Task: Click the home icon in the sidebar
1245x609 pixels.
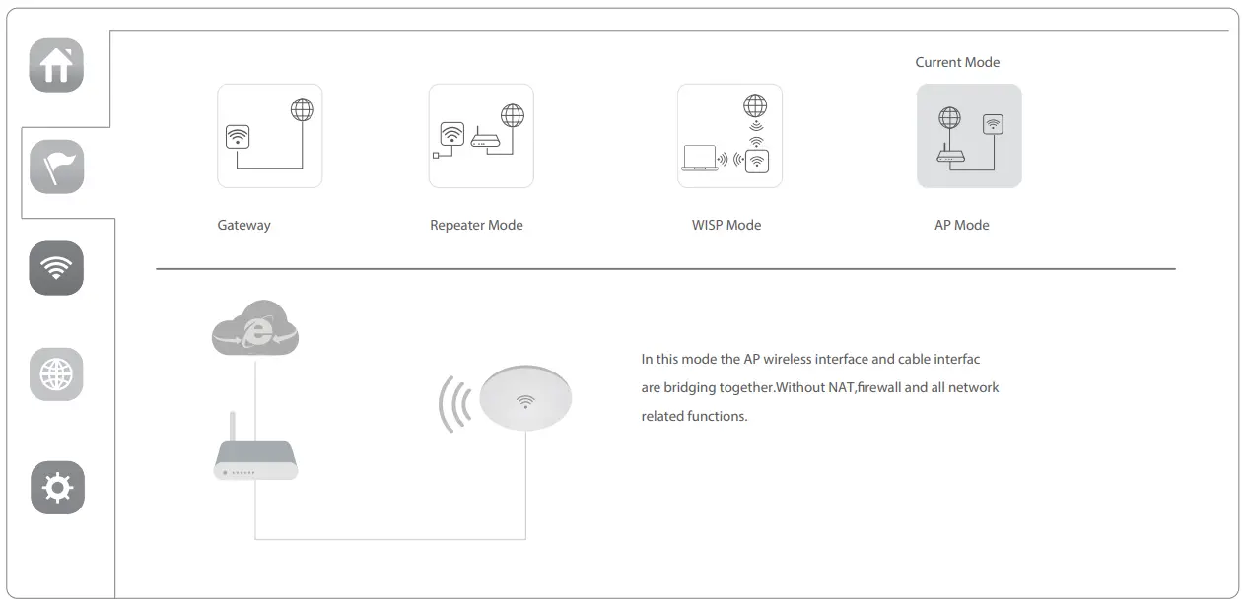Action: click(x=56, y=65)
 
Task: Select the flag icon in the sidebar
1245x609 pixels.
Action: click(x=56, y=167)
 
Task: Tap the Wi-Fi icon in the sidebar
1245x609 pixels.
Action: click(x=56, y=268)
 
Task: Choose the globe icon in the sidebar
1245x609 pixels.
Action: click(x=56, y=374)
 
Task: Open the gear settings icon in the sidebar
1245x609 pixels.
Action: click(x=57, y=488)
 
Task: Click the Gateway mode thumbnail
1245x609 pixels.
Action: click(x=269, y=136)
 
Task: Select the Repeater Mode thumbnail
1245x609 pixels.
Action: click(x=481, y=136)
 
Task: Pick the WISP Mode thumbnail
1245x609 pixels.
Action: click(x=729, y=136)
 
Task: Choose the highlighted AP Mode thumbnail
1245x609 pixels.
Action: click(x=969, y=136)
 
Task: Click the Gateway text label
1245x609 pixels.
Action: click(x=243, y=226)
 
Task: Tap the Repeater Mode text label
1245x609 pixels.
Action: click(x=476, y=226)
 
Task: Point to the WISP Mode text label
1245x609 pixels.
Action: click(x=726, y=226)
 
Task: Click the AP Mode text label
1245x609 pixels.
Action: click(x=961, y=226)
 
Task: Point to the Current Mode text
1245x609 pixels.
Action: click(x=957, y=63)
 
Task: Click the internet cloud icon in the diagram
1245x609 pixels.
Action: click(x=254, y=328)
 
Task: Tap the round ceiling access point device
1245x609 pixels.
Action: click(x=525, y=397)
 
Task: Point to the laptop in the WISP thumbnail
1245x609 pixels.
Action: click(x=699, y=158)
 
